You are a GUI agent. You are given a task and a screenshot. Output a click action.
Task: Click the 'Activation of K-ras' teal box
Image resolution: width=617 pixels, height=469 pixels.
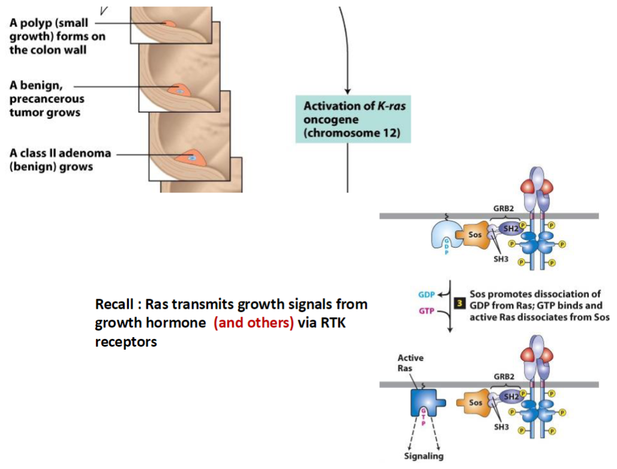click(353, 119)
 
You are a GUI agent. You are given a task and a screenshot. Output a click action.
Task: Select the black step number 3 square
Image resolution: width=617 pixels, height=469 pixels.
click(460, 303)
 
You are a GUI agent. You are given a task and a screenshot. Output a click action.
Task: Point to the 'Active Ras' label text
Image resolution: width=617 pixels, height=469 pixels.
click(411, 363)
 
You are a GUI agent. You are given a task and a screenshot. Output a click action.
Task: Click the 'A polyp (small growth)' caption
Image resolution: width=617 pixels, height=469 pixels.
click(49, 36)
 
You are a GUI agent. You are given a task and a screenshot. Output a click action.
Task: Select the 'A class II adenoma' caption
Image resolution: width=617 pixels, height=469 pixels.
click(59, 160)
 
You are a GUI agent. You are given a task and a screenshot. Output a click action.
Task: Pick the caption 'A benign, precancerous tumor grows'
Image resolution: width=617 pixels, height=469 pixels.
click(46, 99)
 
